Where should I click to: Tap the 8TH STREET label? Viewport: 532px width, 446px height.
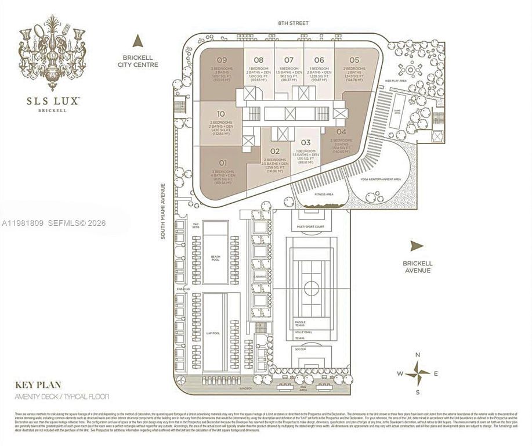pos(293,23)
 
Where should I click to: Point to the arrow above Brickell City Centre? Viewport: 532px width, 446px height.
pos(138,41)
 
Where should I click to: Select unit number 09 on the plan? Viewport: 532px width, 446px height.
pos(222,60)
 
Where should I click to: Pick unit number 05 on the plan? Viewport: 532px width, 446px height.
pos(354,60)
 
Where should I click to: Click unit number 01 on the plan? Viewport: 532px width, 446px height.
pos(222,163)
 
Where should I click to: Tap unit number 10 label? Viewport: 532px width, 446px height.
pos(221,113)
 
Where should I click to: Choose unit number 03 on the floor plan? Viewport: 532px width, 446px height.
pos(306,142)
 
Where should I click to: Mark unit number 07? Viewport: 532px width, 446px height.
pos(289,60)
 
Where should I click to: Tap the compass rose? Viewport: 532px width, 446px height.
pos(417,372)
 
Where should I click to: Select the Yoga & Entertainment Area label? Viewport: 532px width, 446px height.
pos(381,179)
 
